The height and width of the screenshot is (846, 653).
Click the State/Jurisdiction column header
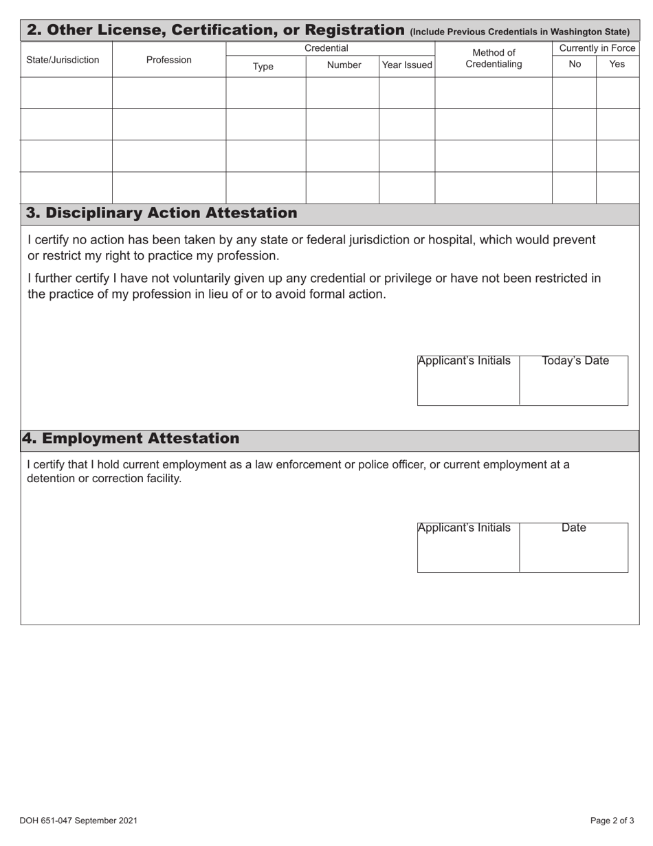pos(63,60)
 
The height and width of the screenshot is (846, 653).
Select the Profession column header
pos(168,60)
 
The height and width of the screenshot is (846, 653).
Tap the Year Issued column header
pos(407,65)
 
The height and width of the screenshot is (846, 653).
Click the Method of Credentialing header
pos(494,58)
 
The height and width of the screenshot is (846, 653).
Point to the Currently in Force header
pos(597,48)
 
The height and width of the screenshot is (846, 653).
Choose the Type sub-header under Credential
pos(263,66)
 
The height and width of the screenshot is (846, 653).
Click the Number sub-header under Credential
pos(344,65)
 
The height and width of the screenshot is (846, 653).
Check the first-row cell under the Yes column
pos(617,93)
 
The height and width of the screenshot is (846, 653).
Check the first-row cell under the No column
pos(574,93)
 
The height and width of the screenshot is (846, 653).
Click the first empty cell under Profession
pos(169,93)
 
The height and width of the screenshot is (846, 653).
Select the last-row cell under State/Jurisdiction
pos(67,188)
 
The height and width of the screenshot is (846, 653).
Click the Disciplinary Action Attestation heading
pos(162,213)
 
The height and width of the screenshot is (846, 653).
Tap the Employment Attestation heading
pos(131,439)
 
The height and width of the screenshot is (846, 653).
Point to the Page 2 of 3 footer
pos(612,821)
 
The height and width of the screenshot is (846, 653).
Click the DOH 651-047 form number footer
pos(78,821)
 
